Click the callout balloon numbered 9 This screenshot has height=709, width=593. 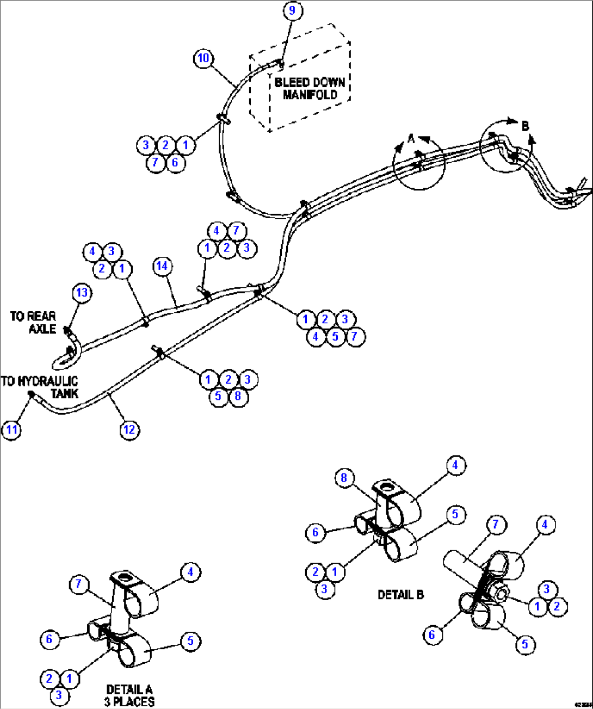[x=293, y=11]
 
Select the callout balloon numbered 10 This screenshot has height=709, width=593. [x=203, y=58]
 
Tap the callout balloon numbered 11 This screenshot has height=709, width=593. [x=12, y=430]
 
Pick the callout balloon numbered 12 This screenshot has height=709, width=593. [x=129, y=430]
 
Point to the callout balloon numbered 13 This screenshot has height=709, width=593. [x=82, y=293]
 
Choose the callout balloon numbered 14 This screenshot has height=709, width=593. [x=162, y=266]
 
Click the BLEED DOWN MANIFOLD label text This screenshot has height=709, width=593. [x=310, y=88]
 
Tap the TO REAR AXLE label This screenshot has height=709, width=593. [x=34, y=322]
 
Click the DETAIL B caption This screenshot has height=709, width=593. [x=400, y=595]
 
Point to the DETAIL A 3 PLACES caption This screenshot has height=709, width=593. [x=129, y=695]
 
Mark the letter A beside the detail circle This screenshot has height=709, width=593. [x=411, y=139]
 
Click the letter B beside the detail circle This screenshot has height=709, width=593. [x=525, y=126]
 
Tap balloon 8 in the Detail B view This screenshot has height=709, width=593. [x=344, y=478]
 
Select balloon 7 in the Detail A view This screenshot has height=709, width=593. [x=79, y=584]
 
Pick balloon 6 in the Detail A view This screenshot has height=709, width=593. [x=50, y=639]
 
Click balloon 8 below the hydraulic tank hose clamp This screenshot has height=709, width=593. [x=238, y=396]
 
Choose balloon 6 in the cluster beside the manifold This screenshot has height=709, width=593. [x=175, y=162]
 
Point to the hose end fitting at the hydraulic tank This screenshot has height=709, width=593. [x=32, y=394]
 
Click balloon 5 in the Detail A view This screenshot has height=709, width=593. [x=190, y=641]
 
